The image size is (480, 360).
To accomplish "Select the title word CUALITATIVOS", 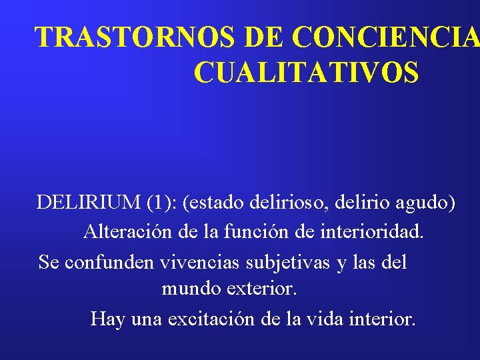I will [307, 73].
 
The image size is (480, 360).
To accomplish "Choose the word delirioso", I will [296, 202].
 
